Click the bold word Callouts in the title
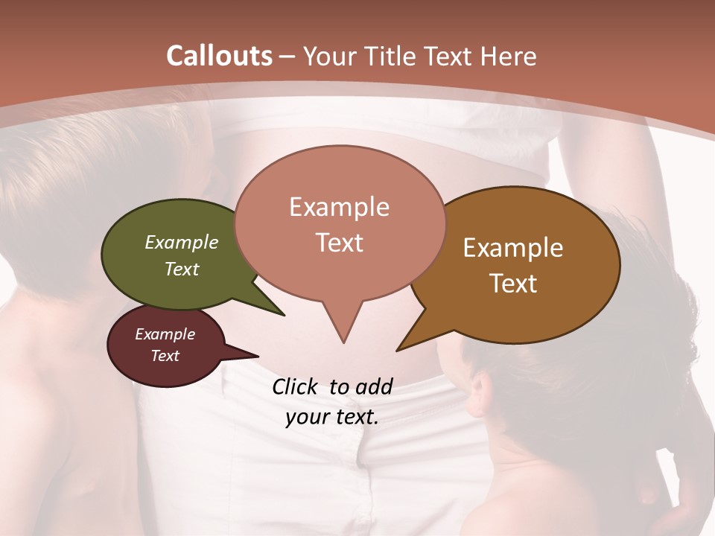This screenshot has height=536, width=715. tap(219, 56)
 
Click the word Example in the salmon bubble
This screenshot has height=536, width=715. tap(340, 207)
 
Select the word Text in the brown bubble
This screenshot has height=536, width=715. tap(514, 284)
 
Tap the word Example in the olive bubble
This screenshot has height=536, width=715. tap(182, 242)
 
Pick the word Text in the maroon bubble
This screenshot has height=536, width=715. tap(165, 356)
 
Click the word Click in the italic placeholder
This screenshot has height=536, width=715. tap(296, 386)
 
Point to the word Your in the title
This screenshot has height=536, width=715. tap(328, 56)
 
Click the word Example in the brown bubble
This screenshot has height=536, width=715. tap(513, 248)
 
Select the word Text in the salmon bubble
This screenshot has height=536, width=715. tap(340, 243)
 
